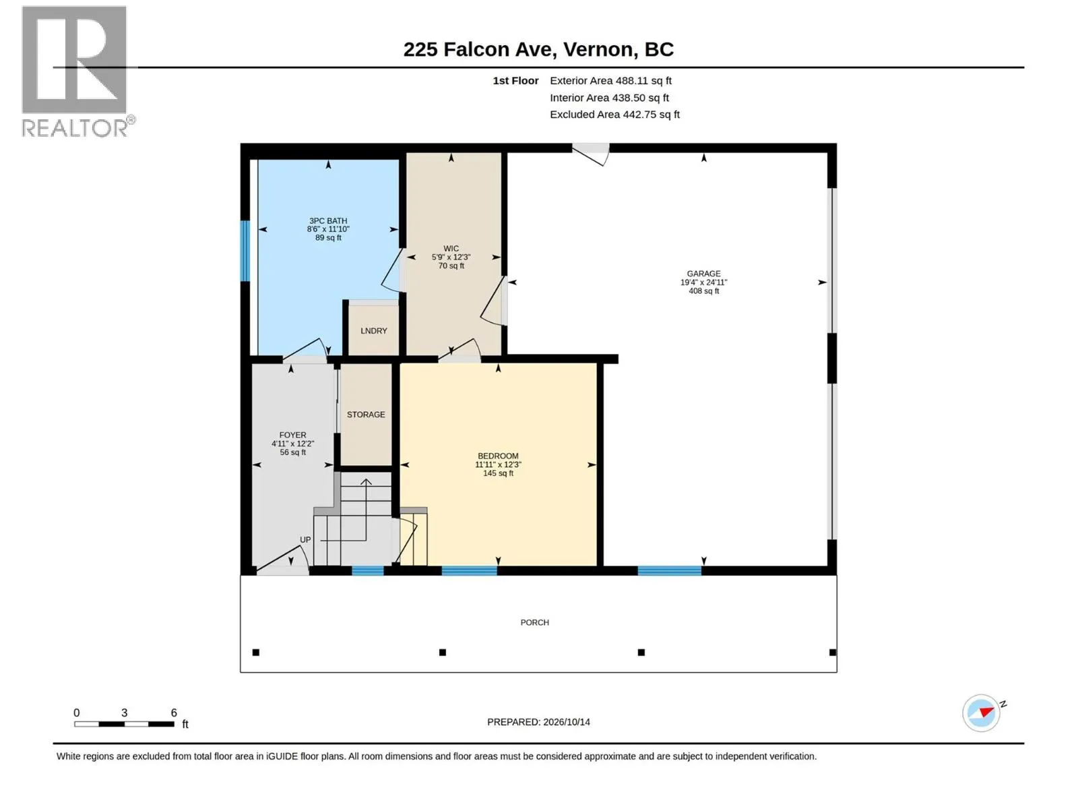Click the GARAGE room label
coord(703,274)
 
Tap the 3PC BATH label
coord(328,221)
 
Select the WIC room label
coord(451,249)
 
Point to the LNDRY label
coord(374,331)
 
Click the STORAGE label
coord(366,415)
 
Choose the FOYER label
coord(292,436)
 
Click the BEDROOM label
coord(498,456)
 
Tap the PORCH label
coord(534,622)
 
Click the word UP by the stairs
coord(305,540)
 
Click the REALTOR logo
coord(77,71)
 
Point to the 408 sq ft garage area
coord(704,291)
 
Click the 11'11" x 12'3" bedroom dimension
coord(498,465)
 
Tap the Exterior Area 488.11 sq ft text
coord(610,80)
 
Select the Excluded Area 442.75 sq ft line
coord(614,115)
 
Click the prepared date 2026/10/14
coord(566,722)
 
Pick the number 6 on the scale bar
coord(174,713)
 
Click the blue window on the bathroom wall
coord(245,251)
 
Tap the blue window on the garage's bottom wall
coord(670,571)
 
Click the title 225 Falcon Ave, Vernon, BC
coord(538,49)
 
